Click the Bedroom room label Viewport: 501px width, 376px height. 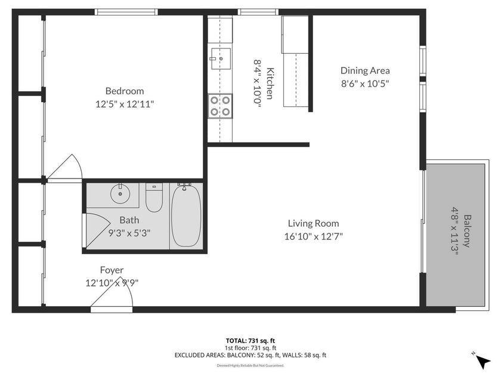click(124, 91)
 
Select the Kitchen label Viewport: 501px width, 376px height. click(270, 84)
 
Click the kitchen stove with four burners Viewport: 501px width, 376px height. click(219, 106)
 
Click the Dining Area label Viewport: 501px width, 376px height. click(365, 71)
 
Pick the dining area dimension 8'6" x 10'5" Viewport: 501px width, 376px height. click(365, 84)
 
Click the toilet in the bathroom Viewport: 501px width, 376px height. click(154, 199)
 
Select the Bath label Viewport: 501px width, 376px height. click(129, 220)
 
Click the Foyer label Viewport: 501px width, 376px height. click(112, 270)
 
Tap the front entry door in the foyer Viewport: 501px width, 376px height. click(111, 301)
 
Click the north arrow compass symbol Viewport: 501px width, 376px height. click(483, 359)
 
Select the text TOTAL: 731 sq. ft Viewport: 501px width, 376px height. click(250, 341)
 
